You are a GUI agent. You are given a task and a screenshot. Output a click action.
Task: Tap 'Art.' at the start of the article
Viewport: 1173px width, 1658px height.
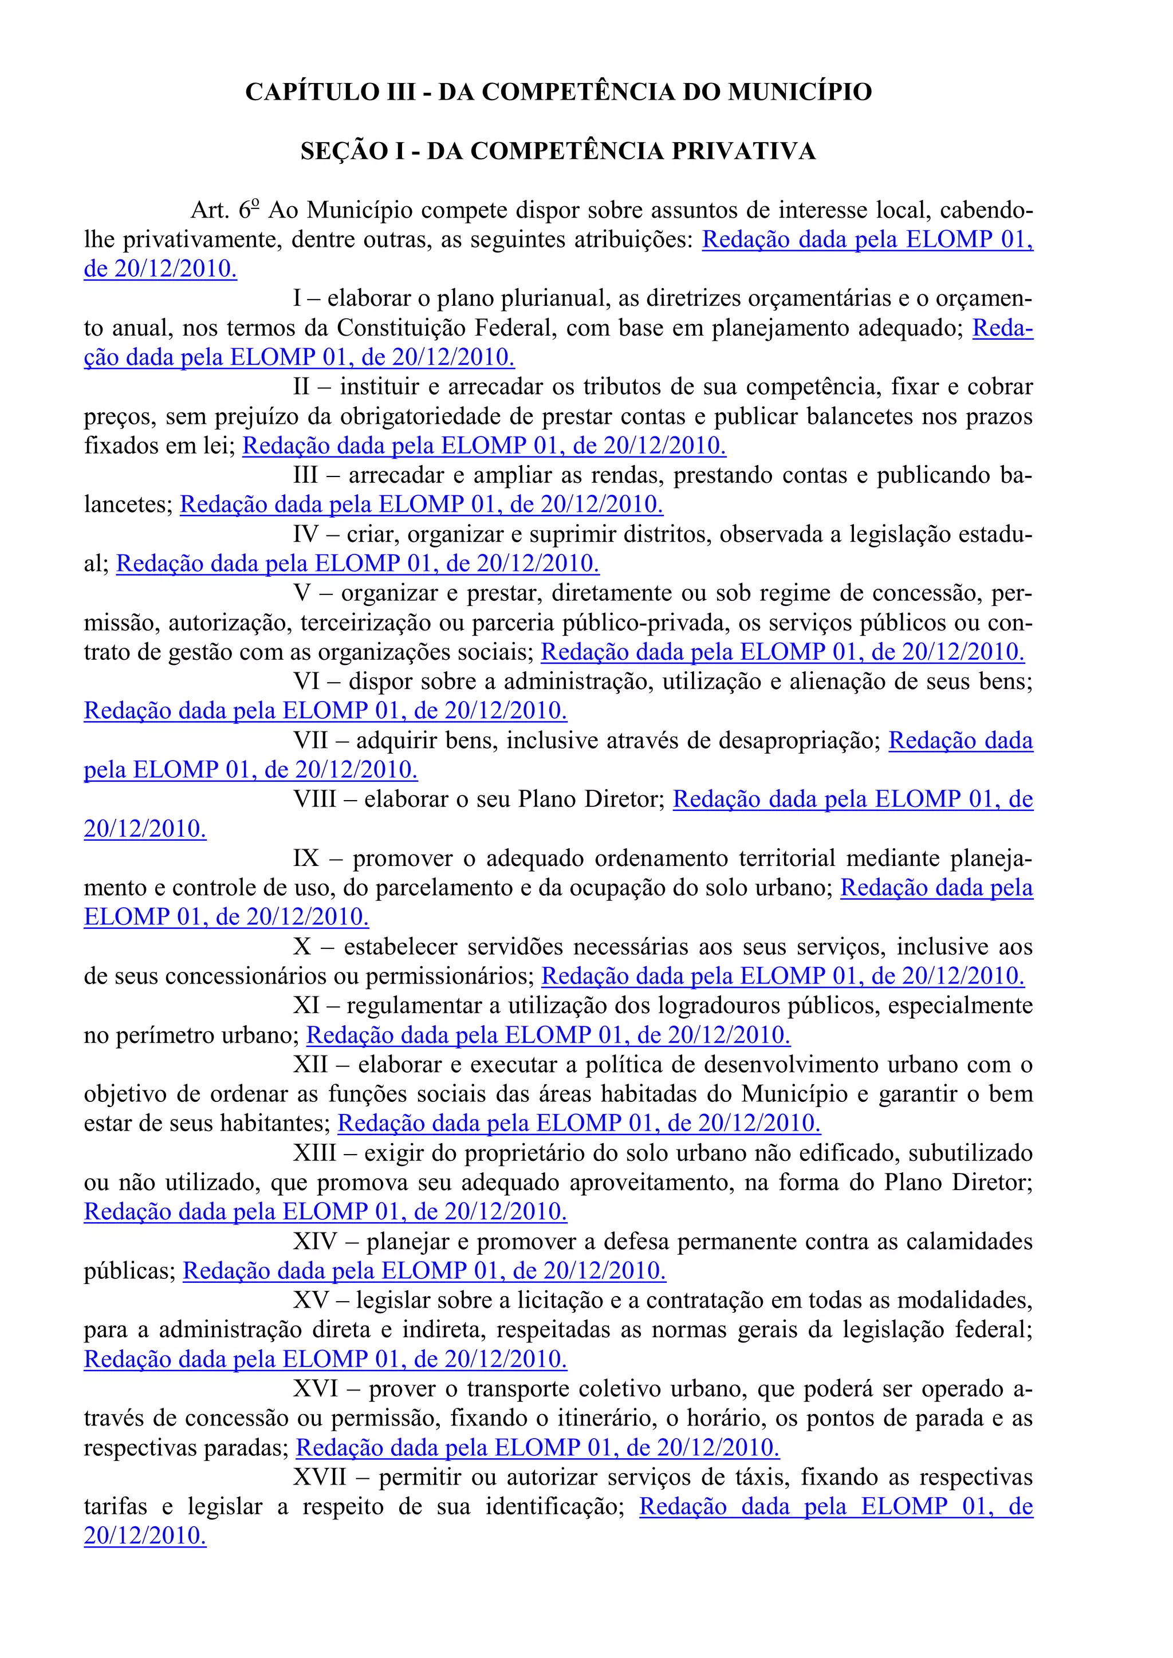(210, 210)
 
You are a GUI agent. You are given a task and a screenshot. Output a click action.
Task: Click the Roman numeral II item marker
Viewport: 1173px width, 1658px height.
(301, 387)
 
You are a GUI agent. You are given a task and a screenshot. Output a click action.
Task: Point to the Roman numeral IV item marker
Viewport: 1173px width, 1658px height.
(305, 534)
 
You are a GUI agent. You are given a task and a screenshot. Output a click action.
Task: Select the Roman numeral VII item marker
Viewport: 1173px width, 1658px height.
(310, 741)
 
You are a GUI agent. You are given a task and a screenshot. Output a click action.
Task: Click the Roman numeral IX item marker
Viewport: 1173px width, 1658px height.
(305, 858)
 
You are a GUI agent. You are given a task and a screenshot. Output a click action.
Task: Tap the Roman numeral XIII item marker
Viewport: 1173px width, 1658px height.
(314, 1153)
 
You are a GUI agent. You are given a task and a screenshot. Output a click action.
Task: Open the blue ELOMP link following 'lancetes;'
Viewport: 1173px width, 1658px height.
(421, 505)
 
